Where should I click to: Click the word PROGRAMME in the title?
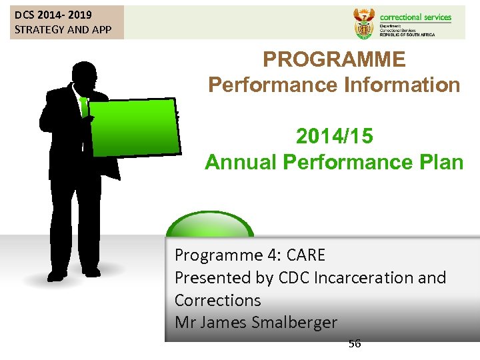334,60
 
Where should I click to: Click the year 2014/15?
334,137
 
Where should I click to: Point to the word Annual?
241,162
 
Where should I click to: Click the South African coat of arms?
363,23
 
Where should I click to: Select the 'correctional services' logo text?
415,17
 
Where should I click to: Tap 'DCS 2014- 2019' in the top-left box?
53,15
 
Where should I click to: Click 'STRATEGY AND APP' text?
63,29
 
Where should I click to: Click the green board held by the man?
135,127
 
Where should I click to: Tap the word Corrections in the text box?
217,300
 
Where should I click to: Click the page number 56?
354,344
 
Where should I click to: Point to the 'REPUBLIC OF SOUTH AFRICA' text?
407,34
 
